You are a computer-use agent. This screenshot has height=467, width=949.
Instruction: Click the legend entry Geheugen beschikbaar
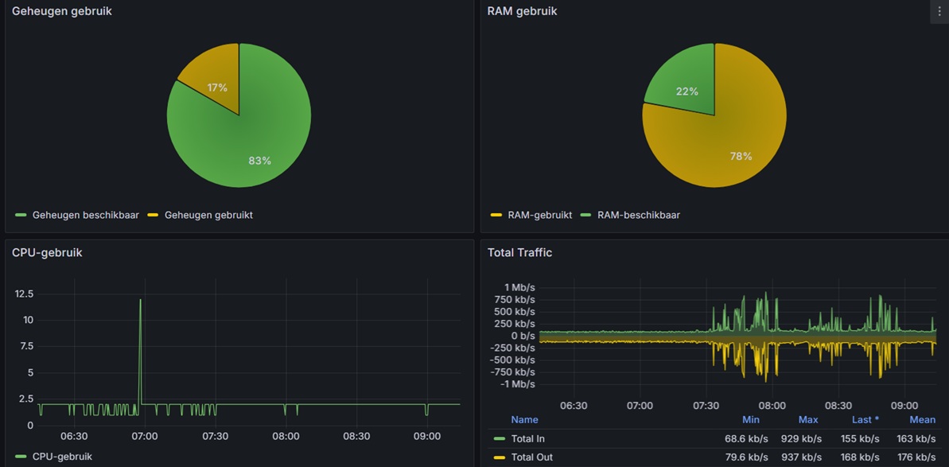pos(83,215)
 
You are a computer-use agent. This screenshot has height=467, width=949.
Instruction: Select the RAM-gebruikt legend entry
pos(539,215)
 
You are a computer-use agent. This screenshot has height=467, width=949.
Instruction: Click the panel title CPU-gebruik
pos(47,253)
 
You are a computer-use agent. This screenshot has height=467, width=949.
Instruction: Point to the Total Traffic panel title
pos(519,253)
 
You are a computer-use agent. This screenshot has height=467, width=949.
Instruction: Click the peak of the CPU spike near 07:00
pos(141,300)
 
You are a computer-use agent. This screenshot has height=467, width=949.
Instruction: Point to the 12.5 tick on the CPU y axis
pos(24,294)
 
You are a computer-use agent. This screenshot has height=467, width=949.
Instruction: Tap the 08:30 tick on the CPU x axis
pos(356,436)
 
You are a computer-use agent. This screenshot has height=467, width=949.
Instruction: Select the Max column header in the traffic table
pos(808,419)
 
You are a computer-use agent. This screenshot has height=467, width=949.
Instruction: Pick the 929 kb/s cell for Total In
pos(803,438)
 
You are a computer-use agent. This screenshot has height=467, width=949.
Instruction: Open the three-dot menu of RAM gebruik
pos(939,11)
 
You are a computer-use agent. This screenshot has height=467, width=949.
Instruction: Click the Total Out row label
pos(531,457)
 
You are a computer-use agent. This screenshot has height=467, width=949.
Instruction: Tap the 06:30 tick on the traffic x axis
pos(574,406)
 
